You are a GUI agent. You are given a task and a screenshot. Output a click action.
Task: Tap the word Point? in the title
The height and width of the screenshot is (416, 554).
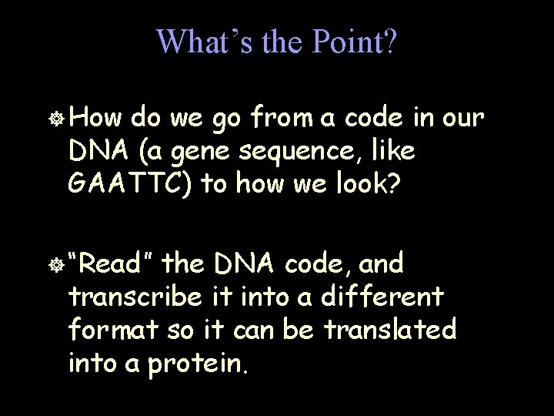353,42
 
